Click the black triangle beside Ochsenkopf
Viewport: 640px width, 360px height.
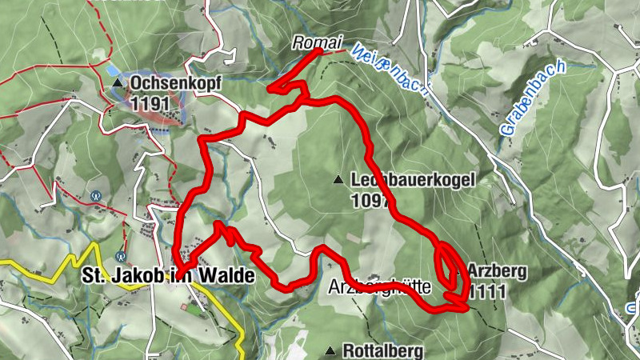[x=118, y=82]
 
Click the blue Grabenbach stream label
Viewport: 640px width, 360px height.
[x=532, y=98]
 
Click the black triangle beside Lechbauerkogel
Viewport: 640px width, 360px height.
[x=339, y=180]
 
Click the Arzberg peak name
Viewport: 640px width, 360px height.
[x=497, y=271]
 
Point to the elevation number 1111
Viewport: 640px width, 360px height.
[x=487, y=290]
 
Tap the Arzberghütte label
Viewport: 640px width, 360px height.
[x=380, y=286]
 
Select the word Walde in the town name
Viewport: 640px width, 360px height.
[x=224, y=276]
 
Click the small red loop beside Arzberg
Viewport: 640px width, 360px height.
[x=449, y=264]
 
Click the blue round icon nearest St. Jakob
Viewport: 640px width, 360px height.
[x=121, y=257]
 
